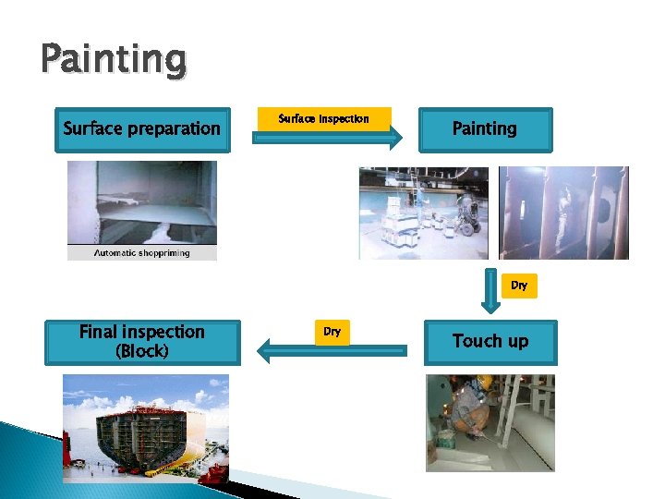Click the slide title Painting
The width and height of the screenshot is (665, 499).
pyautogui.click(x=114, y=60)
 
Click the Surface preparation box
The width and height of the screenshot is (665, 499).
pyautogui.click(x=141, y=128)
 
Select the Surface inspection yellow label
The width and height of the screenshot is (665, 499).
pyautogui.click(x=324, y=118)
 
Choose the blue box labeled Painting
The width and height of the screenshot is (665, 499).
pyautogui.click(x=484, y=129)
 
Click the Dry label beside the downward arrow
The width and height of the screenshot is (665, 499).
pyautogui.click(x=519, y=286)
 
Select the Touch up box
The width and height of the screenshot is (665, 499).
pyautogui.click(x=490, y=341)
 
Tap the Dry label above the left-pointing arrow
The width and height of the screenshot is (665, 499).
pyautogui.click(x=332, y=331)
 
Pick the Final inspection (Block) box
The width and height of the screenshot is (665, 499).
pyautogui.click(x=142, y=341)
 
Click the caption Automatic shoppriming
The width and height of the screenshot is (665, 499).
pyautogui.click(x=141, y=252)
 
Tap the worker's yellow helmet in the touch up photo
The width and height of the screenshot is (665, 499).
pyautogui.click(x=484, y=382)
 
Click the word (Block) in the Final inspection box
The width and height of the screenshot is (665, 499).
pyautogui.click(x=142, y=351)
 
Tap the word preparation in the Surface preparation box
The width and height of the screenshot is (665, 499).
pyautogui.click(x=174, y=129)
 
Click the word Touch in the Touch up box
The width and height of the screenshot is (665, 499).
pyautogui.click(x=475, y=341)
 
